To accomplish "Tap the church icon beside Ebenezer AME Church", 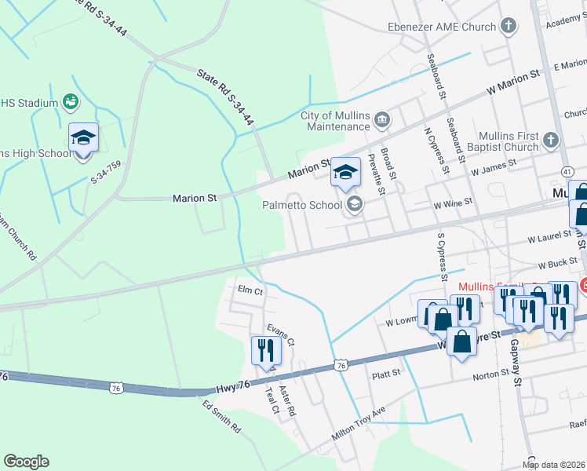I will pos(509,27).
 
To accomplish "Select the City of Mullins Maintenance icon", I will pos(382,120).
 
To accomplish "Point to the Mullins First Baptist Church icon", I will pos(550,141).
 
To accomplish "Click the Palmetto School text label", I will pos(301,205).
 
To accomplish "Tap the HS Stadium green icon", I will pos(71,102).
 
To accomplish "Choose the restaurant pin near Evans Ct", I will pos(264,350).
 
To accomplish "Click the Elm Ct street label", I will pos(250,290).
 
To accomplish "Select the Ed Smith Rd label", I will pos(222,418).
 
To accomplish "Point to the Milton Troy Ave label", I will pos(359,424).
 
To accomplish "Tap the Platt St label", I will pos(386,374).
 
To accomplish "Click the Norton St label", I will pos(491,376).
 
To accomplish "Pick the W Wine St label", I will pos(453,202).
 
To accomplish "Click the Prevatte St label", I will pos(376,173).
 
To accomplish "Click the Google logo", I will pos(26,462).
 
